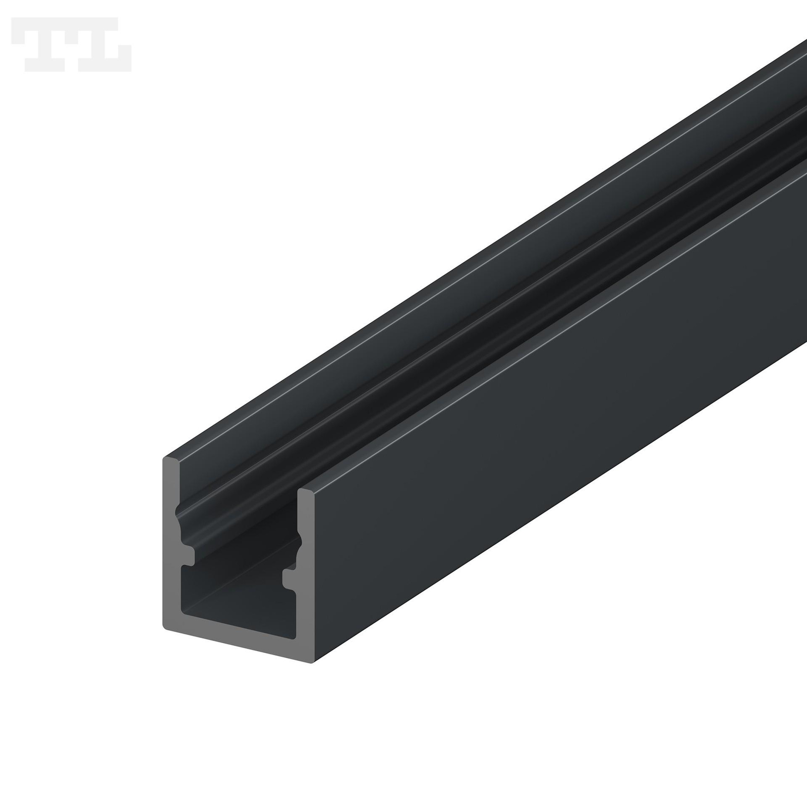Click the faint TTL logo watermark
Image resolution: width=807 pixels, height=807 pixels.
pyautogui.click(x=72, y=44)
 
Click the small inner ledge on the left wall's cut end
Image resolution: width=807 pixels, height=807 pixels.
pyautogui.click(x=186, y=556)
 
